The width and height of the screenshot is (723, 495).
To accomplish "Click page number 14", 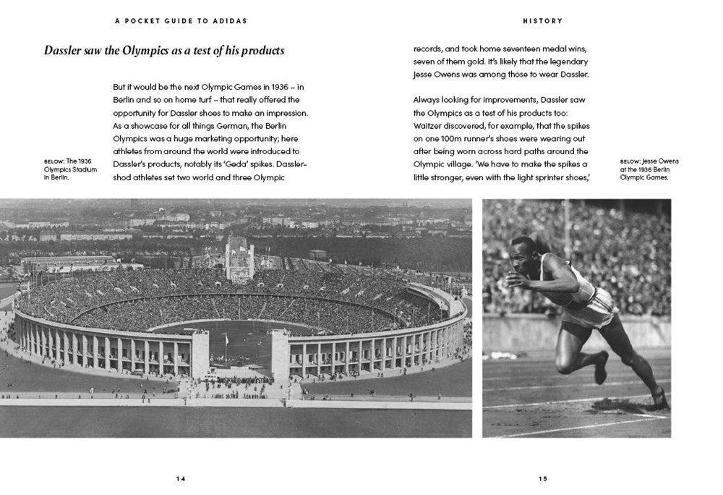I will point(180,478).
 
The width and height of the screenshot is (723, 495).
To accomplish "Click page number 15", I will point(543,478).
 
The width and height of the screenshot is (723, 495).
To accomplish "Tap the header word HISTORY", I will point(542,21).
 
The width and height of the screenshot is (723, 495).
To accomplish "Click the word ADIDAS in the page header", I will point(228,21).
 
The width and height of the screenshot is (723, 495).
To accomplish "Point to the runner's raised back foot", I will point(601,368).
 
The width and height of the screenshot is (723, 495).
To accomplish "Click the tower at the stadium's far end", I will point(239,257).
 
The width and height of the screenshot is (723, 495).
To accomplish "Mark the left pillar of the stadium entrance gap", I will point(200,355).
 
